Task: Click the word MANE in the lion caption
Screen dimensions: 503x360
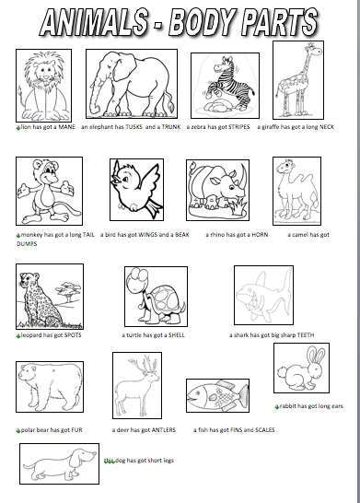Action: pyautogui.click(x=66, y=127)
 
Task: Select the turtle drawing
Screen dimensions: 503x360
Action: pyautogui.click(x=154, y=297)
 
